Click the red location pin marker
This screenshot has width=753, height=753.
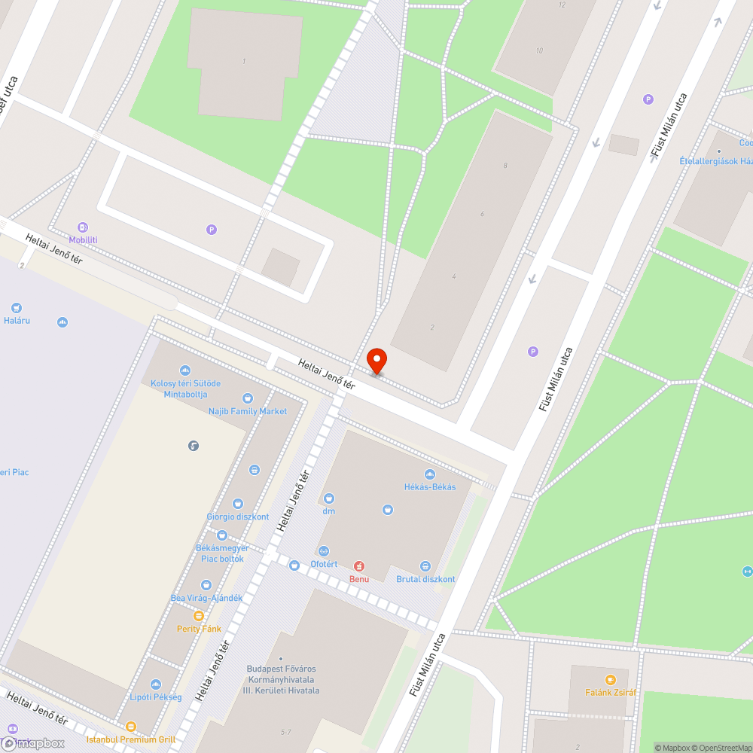click(376, 360)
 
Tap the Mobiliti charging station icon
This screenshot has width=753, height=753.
click(83, 227)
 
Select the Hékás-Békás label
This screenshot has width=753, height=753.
click(429, 486)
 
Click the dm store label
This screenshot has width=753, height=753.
click(328, 511)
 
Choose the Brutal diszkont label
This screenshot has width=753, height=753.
click(425, 579)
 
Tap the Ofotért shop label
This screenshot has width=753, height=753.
click(325, 564)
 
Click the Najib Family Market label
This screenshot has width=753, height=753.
click(248, 411)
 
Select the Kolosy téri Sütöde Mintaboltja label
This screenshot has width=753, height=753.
click(185, 389)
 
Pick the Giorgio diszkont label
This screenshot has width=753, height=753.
click(238, 517)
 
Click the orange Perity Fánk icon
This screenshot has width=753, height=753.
click(199, 616)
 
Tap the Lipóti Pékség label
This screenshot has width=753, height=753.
click(156, 697)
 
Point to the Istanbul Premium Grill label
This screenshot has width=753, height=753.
click(131, 739)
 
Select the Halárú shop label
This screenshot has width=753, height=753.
click(16, 320)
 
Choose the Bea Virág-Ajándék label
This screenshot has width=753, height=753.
click(206, 598)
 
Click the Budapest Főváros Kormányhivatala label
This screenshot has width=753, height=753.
click(282, 679)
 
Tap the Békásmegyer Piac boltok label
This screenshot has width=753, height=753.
click(221, 553)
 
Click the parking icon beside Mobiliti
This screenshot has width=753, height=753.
click(212, 230)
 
